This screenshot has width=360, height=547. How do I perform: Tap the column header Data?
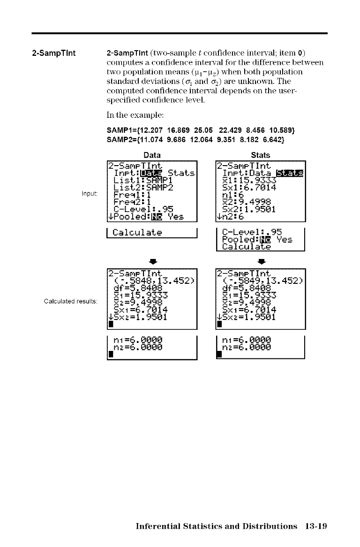[152, 155]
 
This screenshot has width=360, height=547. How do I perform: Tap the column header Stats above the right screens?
[261, 155]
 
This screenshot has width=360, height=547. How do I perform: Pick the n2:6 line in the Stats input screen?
[230, 216]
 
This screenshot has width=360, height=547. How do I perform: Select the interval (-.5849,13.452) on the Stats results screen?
[262, 282]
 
